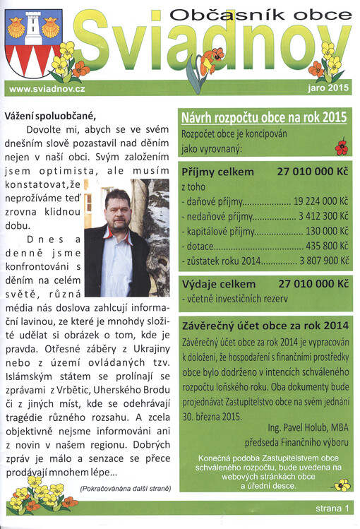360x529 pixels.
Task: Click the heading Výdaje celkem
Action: pos(219,283)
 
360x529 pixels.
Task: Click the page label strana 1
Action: pos(332,509)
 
